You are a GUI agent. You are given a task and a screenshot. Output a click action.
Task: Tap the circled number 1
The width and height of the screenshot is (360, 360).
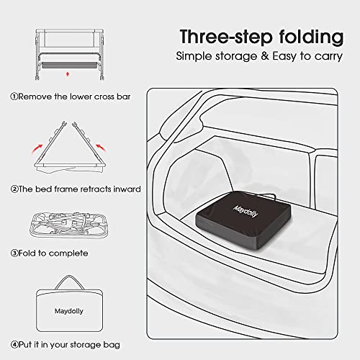coord(14,96)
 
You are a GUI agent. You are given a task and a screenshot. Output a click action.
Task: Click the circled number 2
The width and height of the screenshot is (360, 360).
coord(14,189)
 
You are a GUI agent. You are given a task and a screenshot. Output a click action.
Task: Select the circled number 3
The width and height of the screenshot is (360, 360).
coord(14,253)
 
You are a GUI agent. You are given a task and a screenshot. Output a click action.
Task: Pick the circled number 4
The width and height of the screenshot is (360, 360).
coord(14,344)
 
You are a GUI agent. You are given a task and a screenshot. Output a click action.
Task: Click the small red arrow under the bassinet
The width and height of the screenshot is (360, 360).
coord(68,73)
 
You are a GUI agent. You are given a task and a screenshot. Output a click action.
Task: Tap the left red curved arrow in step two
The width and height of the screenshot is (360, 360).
coord(32,148)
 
